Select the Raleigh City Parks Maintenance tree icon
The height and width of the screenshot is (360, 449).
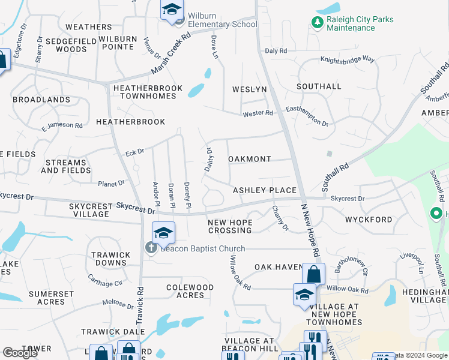coord(316,23)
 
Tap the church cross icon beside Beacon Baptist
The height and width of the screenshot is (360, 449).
coord(151,248)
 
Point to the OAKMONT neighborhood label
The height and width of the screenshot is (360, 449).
coord(250,159)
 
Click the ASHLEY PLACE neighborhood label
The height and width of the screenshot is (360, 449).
coord(265,190)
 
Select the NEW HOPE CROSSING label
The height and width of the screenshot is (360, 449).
coord(229,226)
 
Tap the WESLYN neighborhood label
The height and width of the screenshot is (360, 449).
coord(249,89)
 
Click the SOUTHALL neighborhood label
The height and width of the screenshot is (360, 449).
coord(319,86)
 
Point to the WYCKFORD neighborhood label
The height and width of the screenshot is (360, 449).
coord(369,220)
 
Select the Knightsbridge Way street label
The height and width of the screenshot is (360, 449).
coord(347,60)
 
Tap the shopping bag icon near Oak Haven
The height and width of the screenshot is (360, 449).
coord(313,274)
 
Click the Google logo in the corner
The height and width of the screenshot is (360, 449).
coord(20,353)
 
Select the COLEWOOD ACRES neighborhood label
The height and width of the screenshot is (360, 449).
coord(190,291)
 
